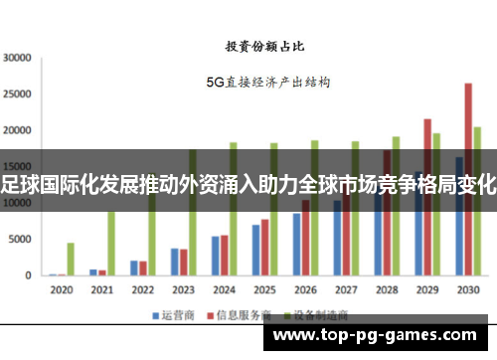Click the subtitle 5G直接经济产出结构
(268, 83)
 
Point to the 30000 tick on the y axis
(18, 58)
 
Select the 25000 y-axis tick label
(18, 94)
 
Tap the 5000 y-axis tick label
(21, 240)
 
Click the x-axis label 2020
(62, 289)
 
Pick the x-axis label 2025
(263, 289)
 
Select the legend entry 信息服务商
(238, 314)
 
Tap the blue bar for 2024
(216, 256)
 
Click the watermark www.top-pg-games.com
(380, 335)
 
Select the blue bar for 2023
(175, 262)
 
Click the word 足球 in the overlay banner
(17, 181)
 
